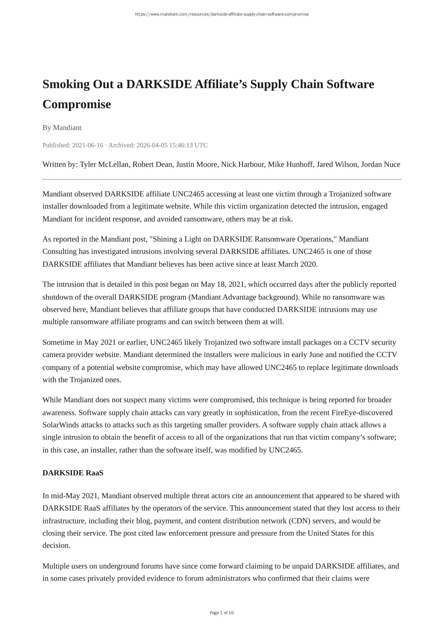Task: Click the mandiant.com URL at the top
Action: tap(222, 14)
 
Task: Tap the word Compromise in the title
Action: tap(77, 104)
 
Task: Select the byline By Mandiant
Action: tap(62, 127)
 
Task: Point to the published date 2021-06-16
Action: tap(87, 145)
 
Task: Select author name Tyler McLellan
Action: tap(104, 164)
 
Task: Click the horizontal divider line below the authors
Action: tap(222, 179)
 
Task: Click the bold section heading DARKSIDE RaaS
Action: tap(73, 473)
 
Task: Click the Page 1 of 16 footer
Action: tap(222, 613)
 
